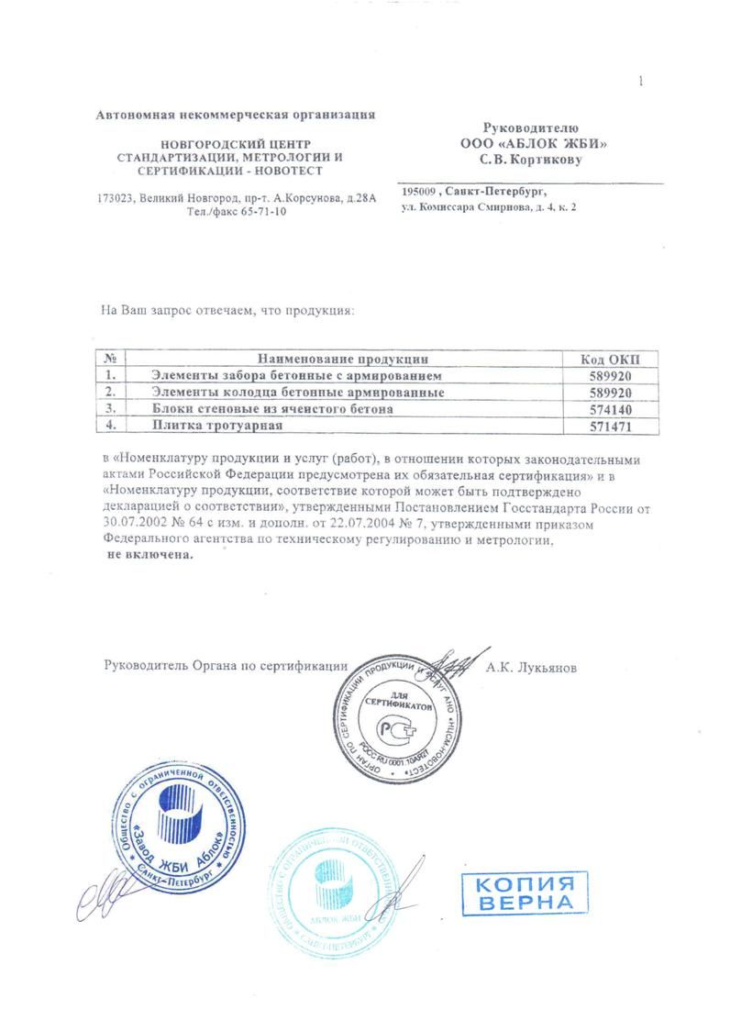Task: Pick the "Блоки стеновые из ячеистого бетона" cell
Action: pos(271,409)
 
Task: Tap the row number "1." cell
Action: pos(110,376)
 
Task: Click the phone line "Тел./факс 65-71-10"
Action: pos(236,212)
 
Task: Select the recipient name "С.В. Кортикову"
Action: pos(532,160)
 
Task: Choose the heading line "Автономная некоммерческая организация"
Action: pos(236,115)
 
